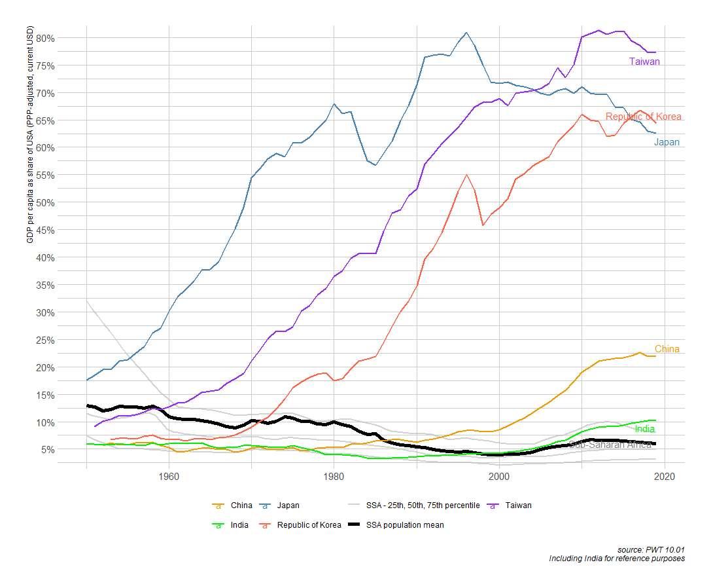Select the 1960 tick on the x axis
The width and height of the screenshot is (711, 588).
pos(169,475)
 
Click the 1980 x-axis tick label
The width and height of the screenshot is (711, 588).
pos(334,475)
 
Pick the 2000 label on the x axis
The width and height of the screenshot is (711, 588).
pos(499,475)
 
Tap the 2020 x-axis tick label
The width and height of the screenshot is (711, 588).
pos(665,475)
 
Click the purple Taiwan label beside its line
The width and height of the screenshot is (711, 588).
pos(644,62)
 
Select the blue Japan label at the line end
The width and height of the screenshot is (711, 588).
pos(667,142)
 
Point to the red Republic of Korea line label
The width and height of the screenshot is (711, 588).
pos(644,117)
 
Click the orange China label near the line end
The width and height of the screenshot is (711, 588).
pos(667,349)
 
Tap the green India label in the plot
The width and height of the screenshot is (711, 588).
pos(645,429)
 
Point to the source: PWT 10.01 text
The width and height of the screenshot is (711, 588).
pos(650,549)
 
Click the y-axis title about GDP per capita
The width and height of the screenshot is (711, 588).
pos(30,135)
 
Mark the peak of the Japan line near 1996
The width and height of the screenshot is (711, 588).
pos(466,32)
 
